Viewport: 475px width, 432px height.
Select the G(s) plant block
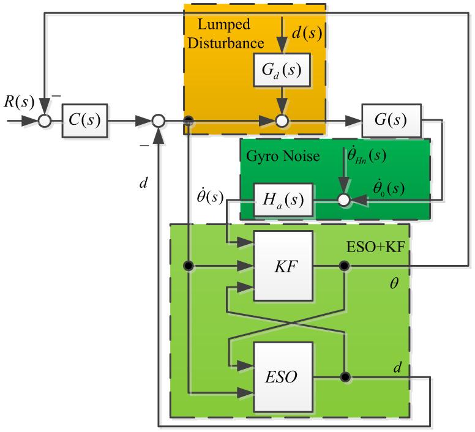[392, 121]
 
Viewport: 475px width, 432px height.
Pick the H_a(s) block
[284, 199]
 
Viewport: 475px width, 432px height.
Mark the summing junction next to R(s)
[43, 121]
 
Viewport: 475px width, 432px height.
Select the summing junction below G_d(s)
[282, 121]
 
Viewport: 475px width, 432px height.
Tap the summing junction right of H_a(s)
[345, 199]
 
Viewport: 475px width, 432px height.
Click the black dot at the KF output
[345, 266]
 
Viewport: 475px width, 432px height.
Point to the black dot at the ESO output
[345, 376]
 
